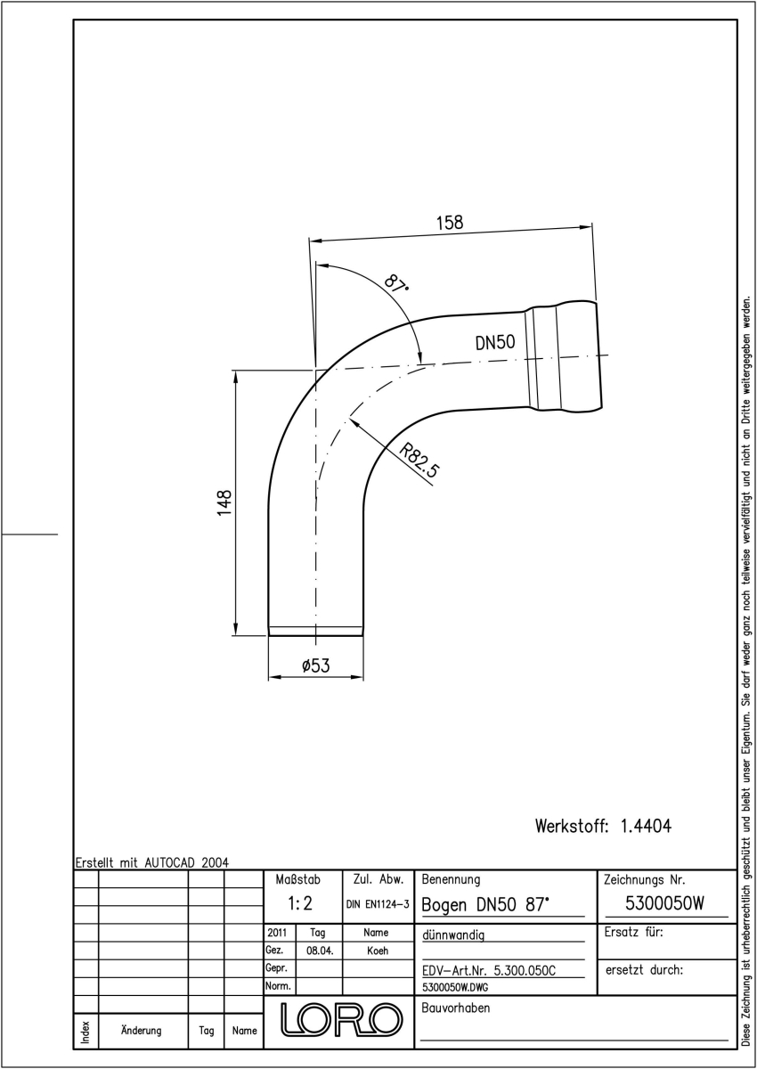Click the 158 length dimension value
pyautogui.click(x=450, y=223)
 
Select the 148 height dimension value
pyautogui.click(x=224, y=502)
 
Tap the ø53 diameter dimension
pyautogui.click(x=316, y=665)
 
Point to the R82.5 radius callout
pyautogui.click(x=419, y=461)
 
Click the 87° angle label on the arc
pyautogui.click(x=396, y=283)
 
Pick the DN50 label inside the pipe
pyautogui.click(x=495, y=343)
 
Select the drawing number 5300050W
pyautogui.click(x=664, y=903)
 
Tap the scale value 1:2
pyautogui.click(x=300, y=903)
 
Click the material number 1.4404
pyautogui.click(x=646, y=826)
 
